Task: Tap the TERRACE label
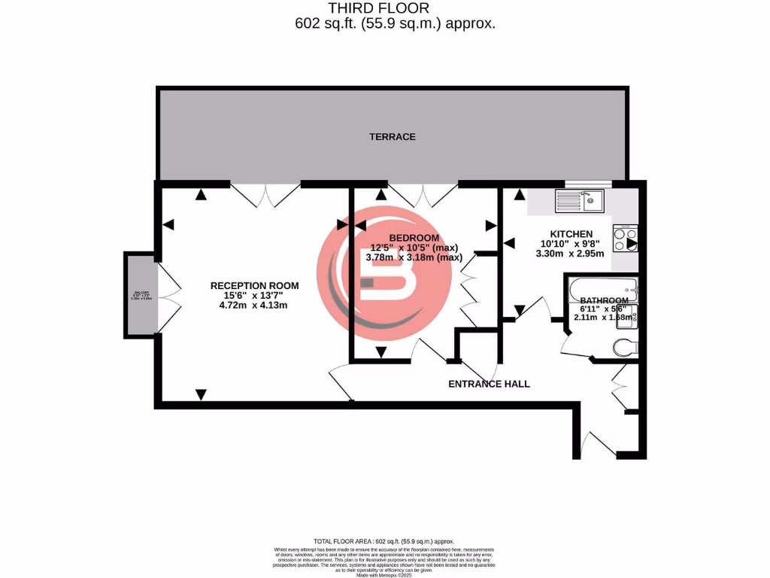tap(392, 137)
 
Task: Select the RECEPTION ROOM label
tap(254, 286)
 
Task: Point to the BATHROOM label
tap(604, 299)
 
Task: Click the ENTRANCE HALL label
tap(489, 384)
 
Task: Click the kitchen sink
tap(580, 200)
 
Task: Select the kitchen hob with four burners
tap(626, 239)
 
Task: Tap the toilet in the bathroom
tap(623, 347)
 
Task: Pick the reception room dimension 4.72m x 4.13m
tap(254, 306)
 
